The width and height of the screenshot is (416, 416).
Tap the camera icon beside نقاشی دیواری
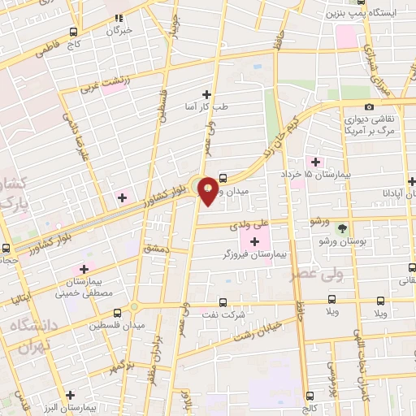(369, 106)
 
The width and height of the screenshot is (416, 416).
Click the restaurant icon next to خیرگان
(118, 17)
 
